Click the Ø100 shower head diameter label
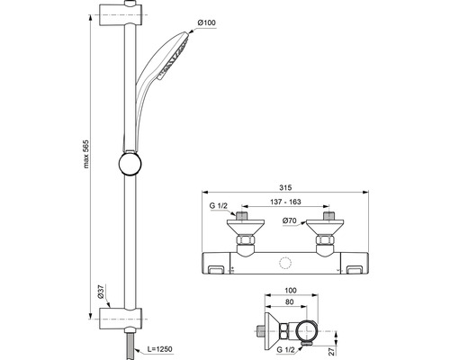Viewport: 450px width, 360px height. click(207, 22)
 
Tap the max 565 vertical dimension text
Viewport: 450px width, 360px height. click(86, 154)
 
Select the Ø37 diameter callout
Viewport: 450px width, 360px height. click(101, 292)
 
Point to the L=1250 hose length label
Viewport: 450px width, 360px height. click(160, 349)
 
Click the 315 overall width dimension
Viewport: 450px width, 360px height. click(285, 188)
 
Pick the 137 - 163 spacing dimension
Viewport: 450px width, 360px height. click(285, 202)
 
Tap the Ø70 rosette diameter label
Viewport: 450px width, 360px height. click(289, 220)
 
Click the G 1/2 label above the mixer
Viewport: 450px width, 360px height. click(219, 206)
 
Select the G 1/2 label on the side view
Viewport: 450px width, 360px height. click(286, 349)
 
